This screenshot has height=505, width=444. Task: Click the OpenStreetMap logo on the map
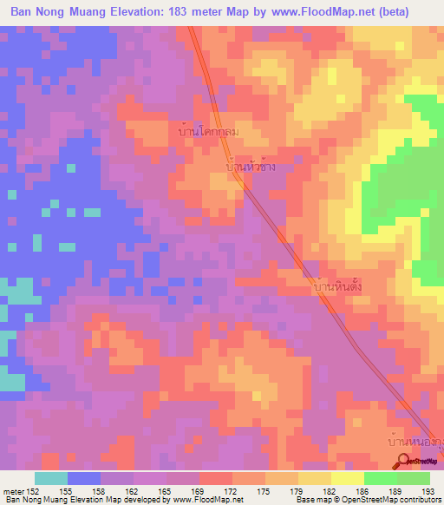[x=415, y=462]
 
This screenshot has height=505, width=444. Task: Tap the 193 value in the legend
[x=429, y=490]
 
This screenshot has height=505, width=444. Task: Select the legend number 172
[x=233, y=490]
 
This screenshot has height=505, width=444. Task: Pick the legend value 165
[x=168, y=490]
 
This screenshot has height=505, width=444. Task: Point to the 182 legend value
[x=331, y=490]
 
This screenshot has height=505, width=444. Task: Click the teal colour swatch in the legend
[x=51, y=478]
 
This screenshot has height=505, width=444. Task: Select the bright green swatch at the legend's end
[x=413, y=478]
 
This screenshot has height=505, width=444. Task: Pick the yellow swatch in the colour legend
[x=347, y=478]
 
